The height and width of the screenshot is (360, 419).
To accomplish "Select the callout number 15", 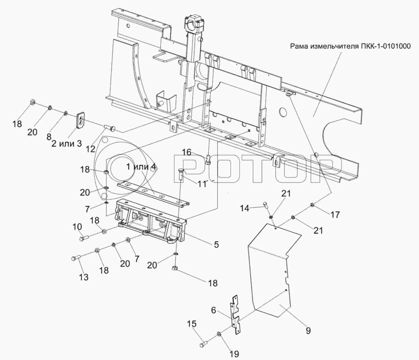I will point(192,324).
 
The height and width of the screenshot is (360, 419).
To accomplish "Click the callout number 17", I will point(335,214).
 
